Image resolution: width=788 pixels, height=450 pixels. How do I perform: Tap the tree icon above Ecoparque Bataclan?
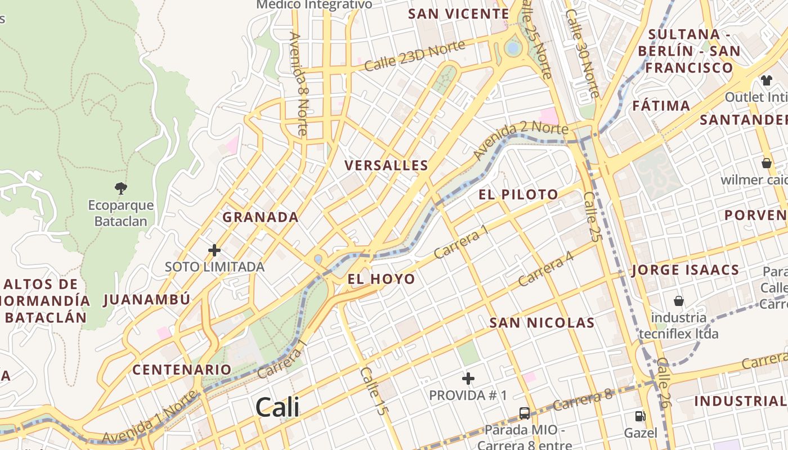(x=120, y=188)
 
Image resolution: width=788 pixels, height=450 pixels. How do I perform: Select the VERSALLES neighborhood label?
(x=386, y=165)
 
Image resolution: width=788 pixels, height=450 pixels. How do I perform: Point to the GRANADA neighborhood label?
(x=261, y=217)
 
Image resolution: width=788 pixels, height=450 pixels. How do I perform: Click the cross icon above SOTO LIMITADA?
(x=214, y=250)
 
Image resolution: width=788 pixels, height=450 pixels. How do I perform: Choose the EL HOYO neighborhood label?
(x=381, y=279)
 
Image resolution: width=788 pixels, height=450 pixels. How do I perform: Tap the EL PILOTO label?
(x=518, y=195)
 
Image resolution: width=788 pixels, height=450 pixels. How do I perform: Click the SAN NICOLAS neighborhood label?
(x=541, y=323)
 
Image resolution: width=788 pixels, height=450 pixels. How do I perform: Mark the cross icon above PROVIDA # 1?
(x=468, y=379)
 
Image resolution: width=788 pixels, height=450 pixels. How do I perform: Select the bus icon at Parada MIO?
(x=525, y=413)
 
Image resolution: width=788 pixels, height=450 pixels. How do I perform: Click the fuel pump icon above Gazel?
(x=640, y=416)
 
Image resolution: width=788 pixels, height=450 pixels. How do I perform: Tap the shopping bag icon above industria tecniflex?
(x=679, y=301)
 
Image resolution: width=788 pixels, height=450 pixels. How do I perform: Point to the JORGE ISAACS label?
(x=685, y=270)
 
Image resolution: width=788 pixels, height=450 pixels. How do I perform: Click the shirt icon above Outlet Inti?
(x=766, y=80)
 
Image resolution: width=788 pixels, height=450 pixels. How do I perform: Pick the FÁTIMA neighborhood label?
(x=661, y=106)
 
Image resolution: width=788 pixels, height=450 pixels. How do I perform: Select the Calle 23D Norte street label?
(x=415, y=56)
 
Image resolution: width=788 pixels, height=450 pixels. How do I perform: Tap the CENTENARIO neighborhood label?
(x=182, y=370)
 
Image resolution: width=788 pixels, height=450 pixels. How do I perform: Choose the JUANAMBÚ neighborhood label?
(x=147, y=299)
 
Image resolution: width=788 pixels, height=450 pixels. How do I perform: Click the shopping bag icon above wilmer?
(x=766, y=163)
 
